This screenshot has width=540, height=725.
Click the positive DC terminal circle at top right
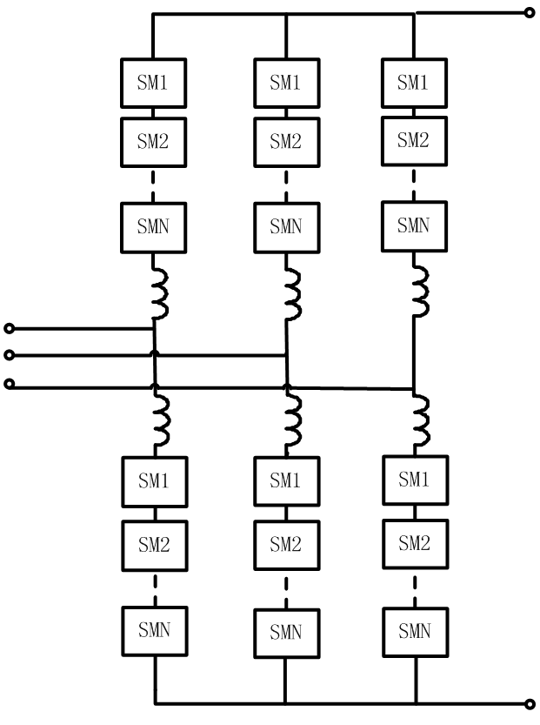pyautogui.click(x=530, y=13)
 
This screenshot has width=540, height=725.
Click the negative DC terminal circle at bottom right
pyautogui.click(x=530, y=703)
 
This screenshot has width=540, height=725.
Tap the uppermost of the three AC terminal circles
pyautogui.click(x=10, y=328)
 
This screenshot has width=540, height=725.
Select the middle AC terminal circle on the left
pyautogui.click(x=10, y=355)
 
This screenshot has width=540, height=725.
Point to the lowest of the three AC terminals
pyautogui.click(x=10, y=384)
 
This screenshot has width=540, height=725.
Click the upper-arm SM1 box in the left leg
pyautogui.click(x=153, y=83)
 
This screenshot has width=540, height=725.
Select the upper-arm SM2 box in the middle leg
pyautogui.click(x=285, y=141)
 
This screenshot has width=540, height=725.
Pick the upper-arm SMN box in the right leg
pyautogui.click(x=413, y=226)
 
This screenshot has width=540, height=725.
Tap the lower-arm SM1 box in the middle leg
pyautogui.click(x=285, y=480)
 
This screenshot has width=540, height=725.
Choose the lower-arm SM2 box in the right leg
pyautogui.click(x=413, y=544)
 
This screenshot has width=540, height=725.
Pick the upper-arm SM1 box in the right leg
pyautogui.click(x=413, y=83)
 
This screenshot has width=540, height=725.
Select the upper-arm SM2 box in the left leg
pyautogui.click(x=153, y=141)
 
